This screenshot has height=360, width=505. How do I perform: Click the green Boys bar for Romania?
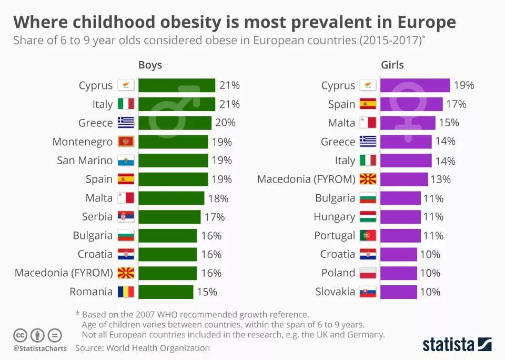click(166, 292)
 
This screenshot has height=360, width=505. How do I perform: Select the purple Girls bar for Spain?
click(411, 104)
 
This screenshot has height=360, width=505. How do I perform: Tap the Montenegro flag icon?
click(126, 142)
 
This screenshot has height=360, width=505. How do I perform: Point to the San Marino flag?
click(126, 161)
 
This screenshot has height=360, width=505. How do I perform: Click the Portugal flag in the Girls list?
click(368, 235)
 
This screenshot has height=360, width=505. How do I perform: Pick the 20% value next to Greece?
click(225, 123)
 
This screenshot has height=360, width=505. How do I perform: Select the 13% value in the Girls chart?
click(440, 179)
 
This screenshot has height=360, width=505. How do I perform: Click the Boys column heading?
click(150, 65)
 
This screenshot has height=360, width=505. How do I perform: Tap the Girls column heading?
click(392, 65)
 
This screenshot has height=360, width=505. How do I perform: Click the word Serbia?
click(97, 216)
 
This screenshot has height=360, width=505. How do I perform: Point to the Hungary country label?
click(334, 216)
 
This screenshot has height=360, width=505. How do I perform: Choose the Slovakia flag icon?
click(368, 292)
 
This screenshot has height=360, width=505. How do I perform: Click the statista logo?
click(457, 345)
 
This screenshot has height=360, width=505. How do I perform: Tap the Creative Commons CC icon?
click(21, 335)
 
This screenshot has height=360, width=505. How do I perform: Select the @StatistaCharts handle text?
click(39, 348)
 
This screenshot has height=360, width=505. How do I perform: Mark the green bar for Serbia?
click(169, 217)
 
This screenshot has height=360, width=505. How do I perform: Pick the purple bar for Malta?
click(407, 123)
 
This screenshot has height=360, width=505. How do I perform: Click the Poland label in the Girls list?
click(338, 273)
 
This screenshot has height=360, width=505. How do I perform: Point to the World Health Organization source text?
click(158, 348)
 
